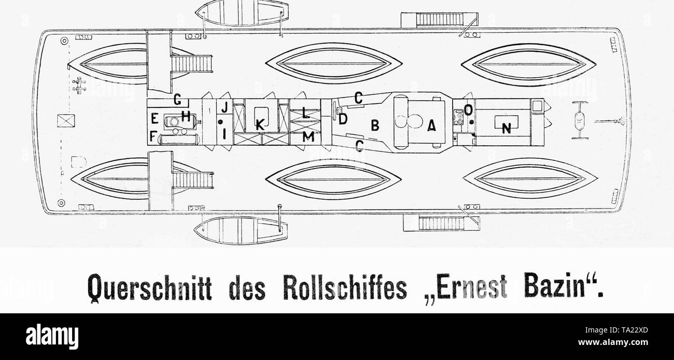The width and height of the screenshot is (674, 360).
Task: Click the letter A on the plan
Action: click(431, 126)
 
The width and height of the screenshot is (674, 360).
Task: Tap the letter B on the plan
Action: click(375, 125)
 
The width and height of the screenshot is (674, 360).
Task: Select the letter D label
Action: click(343, 119)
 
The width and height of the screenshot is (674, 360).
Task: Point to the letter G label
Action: click(177, 99)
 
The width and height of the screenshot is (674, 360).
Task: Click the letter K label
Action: click(260, 124)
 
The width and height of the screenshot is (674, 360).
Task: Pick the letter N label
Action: click(507, 129)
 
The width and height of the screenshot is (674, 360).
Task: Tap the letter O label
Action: click(469, 110)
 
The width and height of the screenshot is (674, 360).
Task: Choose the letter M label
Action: click(308, 137)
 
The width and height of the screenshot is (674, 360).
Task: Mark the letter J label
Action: click(225, 107)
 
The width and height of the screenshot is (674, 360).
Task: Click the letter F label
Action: click(153, 136)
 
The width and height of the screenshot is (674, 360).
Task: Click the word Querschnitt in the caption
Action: click(149, 286)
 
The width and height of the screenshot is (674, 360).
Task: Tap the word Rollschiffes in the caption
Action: click(345, 286)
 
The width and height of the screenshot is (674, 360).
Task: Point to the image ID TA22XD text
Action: click(616, 330)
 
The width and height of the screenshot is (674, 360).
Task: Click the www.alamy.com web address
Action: click(613, 342)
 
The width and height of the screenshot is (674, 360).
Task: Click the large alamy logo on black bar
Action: click(52, 337)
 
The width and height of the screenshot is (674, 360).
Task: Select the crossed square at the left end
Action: click(66, 121)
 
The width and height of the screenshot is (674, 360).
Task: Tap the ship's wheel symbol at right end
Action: click(580, 120)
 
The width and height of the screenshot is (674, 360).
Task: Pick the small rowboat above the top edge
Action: click(242, 12)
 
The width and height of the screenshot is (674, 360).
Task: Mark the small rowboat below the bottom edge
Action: click(241, 230)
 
